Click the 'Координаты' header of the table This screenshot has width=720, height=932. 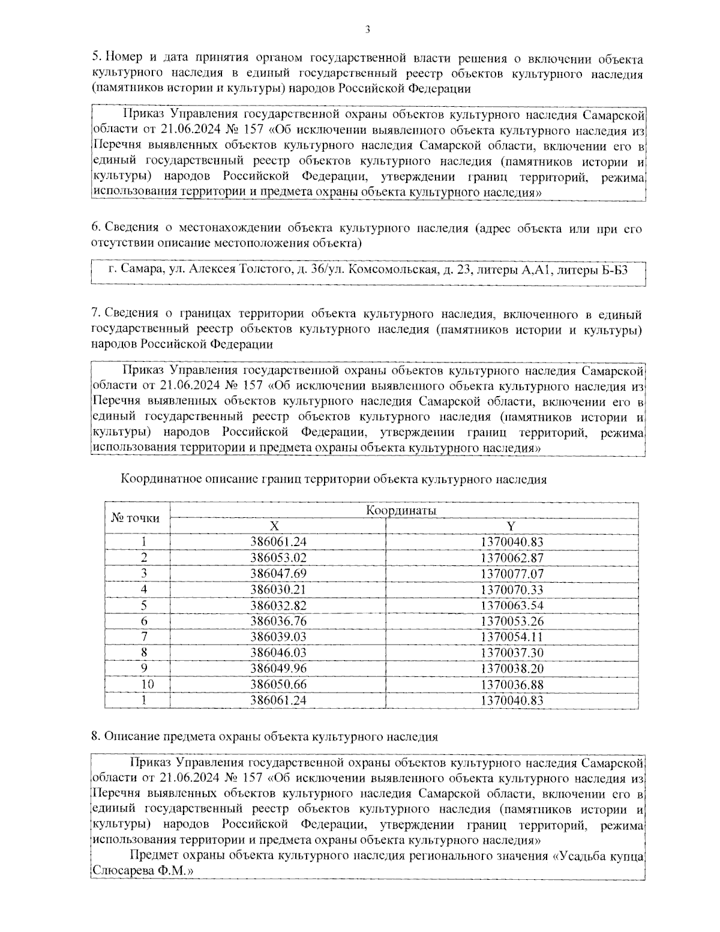(x=401, y=511)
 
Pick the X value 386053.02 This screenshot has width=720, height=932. (x=278, y=558)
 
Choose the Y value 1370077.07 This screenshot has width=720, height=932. (x=512, y=574)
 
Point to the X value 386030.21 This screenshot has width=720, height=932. (x=278, y=589)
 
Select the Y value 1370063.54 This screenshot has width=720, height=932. (x=512, y=605)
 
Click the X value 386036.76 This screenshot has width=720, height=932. (x=278, y=621)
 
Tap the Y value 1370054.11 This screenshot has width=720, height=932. (x=512, y=637)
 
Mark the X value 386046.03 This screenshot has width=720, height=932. (x=278, y=652)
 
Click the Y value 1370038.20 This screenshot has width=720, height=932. (x=512, y=668)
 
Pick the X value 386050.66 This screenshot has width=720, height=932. (x=278, y=684)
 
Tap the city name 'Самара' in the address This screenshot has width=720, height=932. (x=141, y=270)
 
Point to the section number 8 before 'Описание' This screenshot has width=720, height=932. (x=95, y=737)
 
